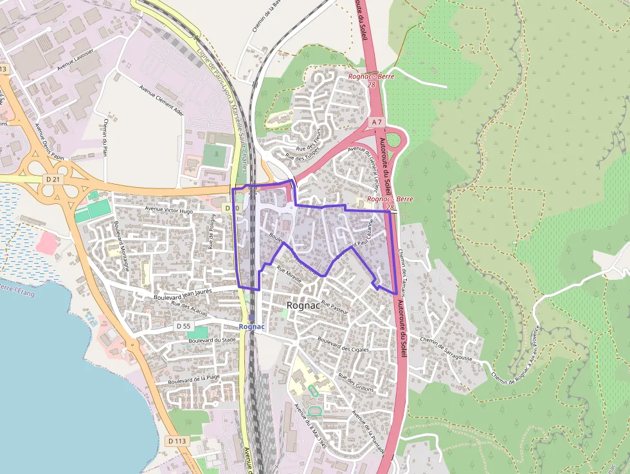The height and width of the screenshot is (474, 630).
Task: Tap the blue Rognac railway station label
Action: (x=251, y=327)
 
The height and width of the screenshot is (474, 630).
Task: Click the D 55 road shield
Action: (x=183, y=326)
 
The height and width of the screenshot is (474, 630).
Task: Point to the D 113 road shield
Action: (x=177, y=441)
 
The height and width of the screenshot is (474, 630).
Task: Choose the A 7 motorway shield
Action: (x=377, y=122)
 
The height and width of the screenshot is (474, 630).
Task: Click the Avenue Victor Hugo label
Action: (x=169, y=210)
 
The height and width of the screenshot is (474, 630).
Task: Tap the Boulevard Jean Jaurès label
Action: (x=183, y=294)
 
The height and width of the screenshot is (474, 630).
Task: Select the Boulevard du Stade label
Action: (x=213, y=340)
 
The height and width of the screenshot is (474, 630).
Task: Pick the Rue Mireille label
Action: (x=289, y=275)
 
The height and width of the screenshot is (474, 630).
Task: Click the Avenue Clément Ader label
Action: (x=161, y=99)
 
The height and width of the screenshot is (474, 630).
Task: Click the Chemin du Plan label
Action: (x=105, y=138)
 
